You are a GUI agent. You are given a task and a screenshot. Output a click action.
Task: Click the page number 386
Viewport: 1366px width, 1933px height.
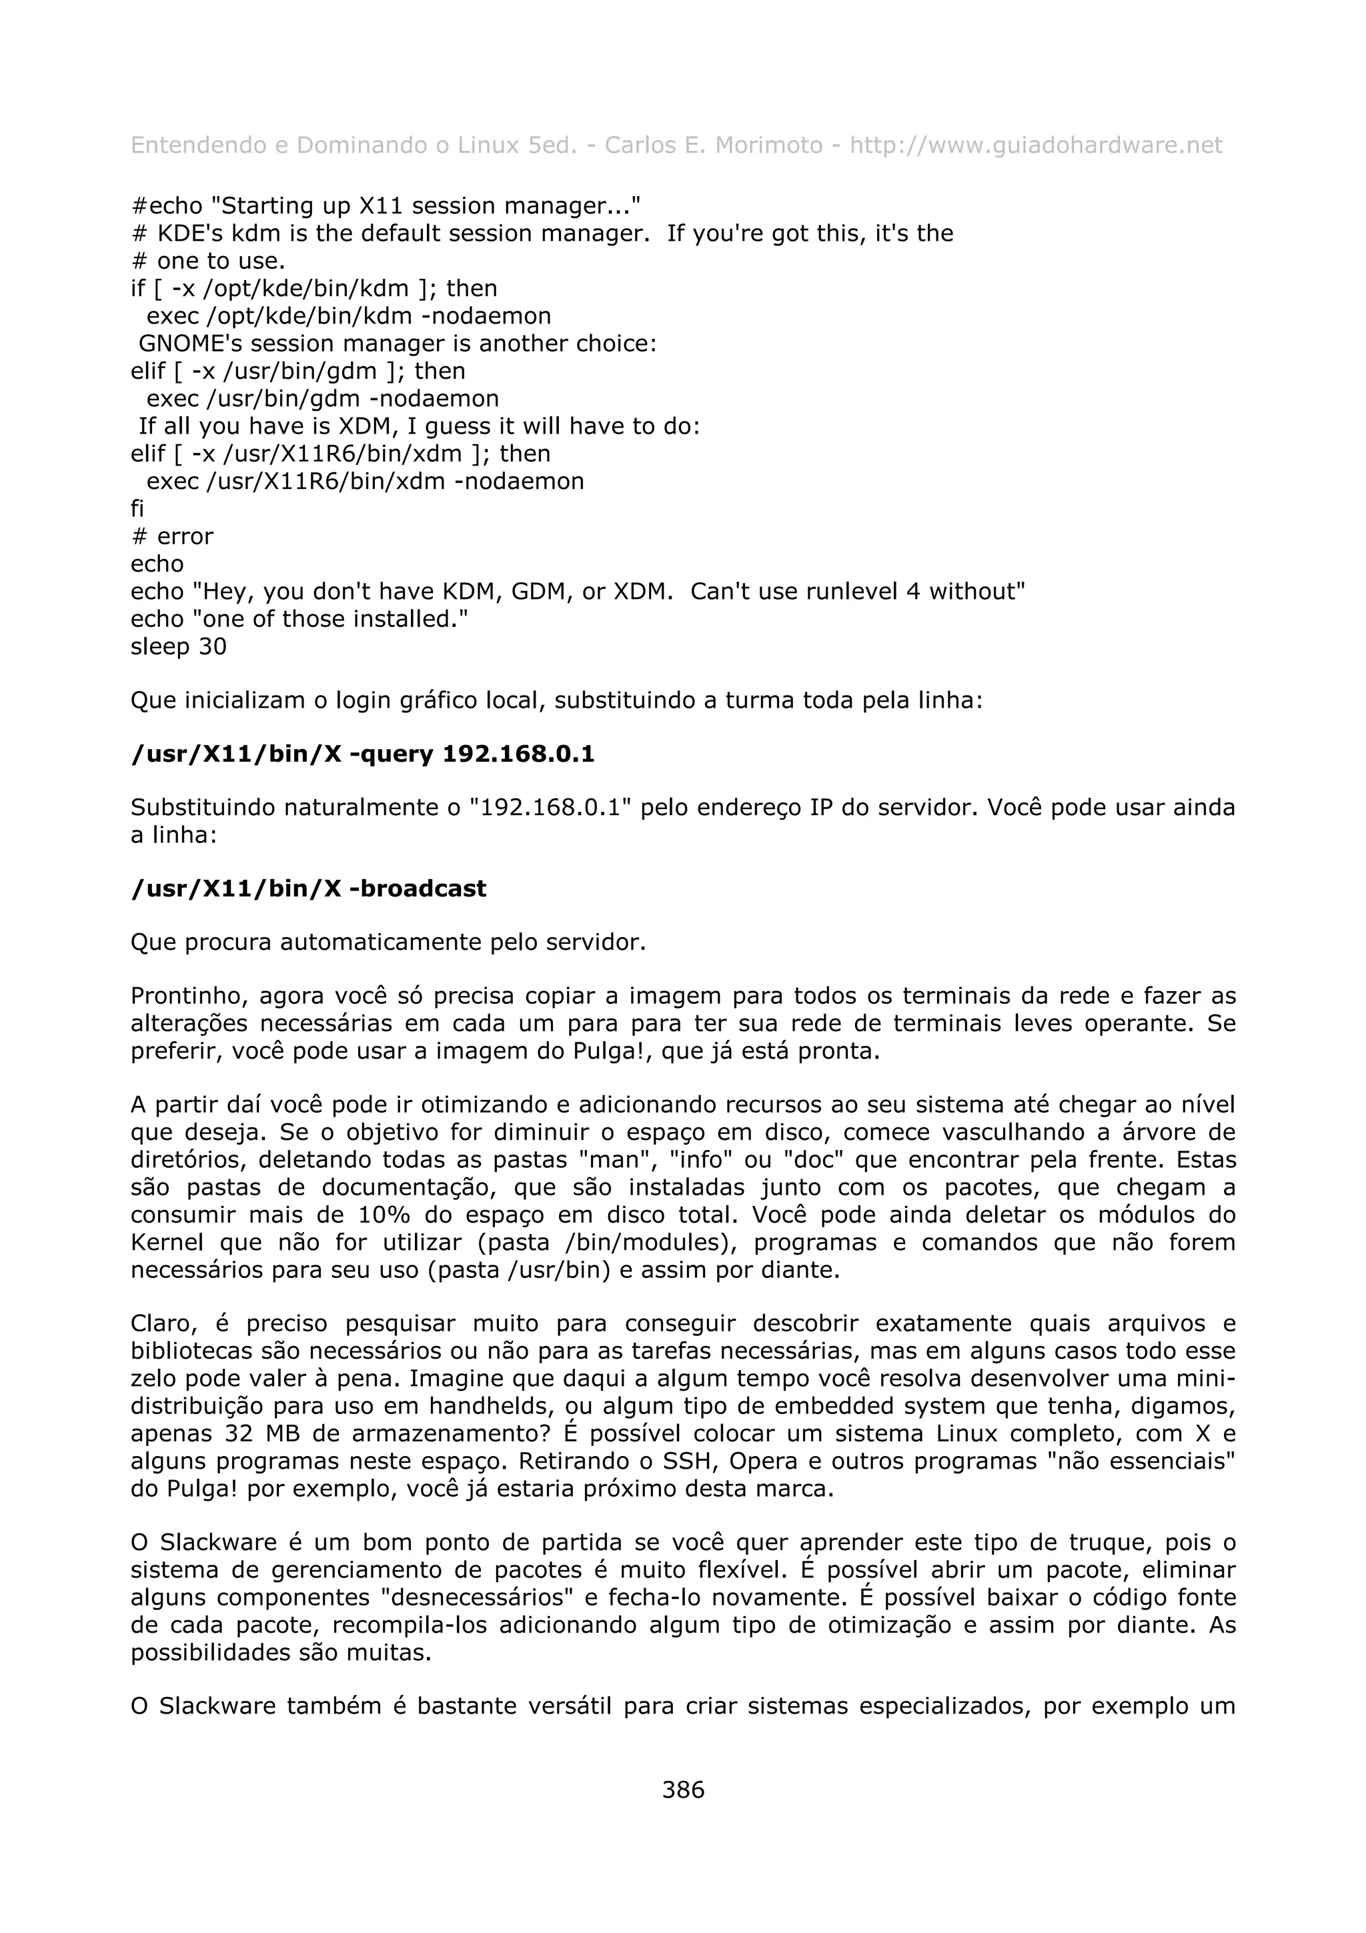pyautogui.click(x=682, y=1790)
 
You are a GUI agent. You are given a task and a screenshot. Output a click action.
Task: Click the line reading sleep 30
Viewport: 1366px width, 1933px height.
pyautogui.click(x=179, y=648)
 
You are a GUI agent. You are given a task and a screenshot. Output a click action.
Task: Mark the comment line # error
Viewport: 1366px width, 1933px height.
pyautogui.click(x=171, y=537)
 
